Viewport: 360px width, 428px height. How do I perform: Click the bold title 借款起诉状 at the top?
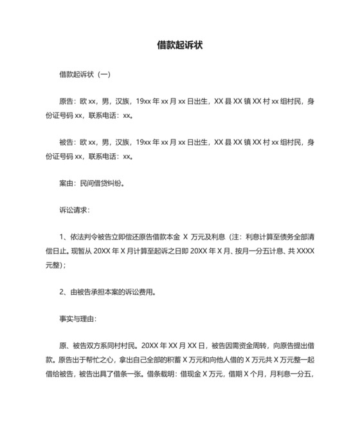(180, 46)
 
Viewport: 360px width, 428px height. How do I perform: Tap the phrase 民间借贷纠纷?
(98, 183)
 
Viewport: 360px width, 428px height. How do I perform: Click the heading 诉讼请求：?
(75, 210)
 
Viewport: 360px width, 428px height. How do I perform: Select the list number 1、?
(63, 237)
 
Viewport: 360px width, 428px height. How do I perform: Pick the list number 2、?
(63, 292)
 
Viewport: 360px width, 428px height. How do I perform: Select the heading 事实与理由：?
(78, 319)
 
